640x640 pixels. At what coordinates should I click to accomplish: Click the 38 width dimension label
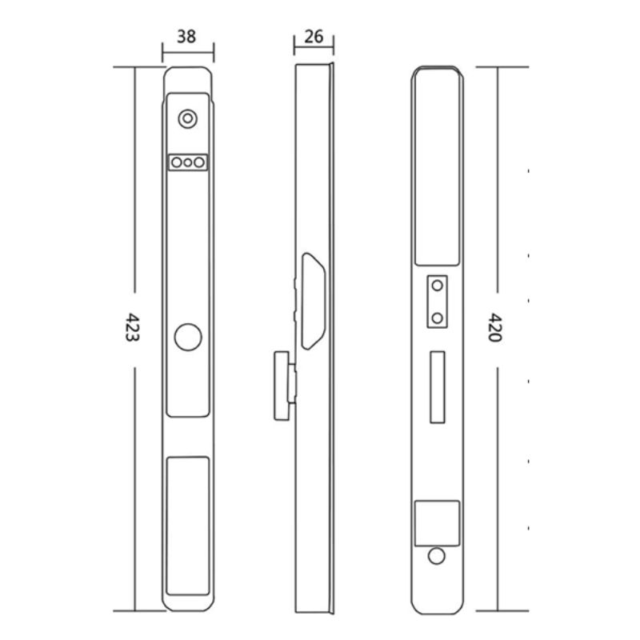click(x=186, y=37)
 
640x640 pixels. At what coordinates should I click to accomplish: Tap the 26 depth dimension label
click(x=314, y=37)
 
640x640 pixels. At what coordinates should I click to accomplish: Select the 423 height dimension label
click(x=132, y=327)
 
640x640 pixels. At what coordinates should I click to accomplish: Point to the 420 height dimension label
click(x=494, y=327)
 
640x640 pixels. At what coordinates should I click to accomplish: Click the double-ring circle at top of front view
click(x=188, y=118)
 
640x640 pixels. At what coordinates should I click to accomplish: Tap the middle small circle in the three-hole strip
click(x=188, y=162)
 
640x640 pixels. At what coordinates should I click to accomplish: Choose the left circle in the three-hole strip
click(x=177, y=162)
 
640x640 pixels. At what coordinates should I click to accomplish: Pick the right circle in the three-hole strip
click(x=199, y=162)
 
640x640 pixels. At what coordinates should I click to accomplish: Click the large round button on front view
click(x=188, y=337)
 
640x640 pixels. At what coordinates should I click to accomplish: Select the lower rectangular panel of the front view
click(x=188, y=526)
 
